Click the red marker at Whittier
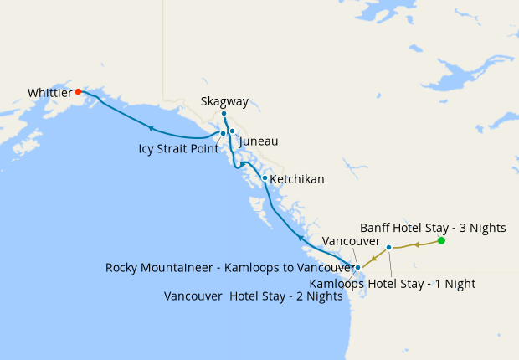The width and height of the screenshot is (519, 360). coord(78,91)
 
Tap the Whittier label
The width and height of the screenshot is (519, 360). coord(49,92)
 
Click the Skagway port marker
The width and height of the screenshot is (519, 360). coord(224,114)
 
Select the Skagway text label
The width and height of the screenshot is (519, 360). coord(224,101)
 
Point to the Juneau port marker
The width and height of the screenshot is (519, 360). coord(232,131)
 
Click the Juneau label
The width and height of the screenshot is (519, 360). coord(259,141)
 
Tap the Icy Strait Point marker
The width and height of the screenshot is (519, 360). coord(223,133)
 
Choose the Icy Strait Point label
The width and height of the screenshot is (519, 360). coord(178,149)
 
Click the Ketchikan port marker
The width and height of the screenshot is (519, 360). coord(265,177)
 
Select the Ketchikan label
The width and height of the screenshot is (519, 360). coord(297,179)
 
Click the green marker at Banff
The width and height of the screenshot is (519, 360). coord(441,241)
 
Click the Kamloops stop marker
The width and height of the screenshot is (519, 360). coord(389,247)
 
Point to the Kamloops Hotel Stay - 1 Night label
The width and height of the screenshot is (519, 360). coord(392,284)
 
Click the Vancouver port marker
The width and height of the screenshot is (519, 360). coord(357,268)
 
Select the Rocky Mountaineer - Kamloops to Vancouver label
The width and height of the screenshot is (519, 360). coord(230,268)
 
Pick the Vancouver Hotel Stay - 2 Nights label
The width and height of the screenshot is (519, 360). coord(254,296)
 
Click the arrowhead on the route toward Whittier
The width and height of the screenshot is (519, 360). coord(151,128)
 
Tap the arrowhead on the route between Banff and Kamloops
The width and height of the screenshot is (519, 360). coord(416,244)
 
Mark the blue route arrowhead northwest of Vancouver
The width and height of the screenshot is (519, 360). coord(301,238)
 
